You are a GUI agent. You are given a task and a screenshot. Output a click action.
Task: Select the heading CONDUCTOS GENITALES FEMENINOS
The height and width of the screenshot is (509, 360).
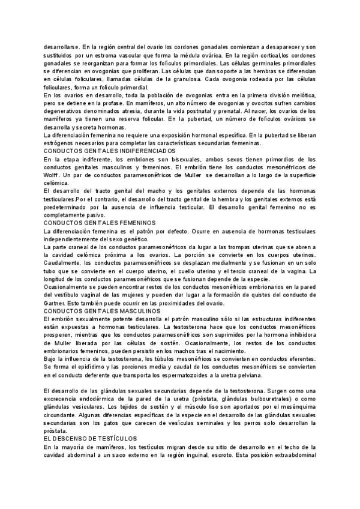96,222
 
